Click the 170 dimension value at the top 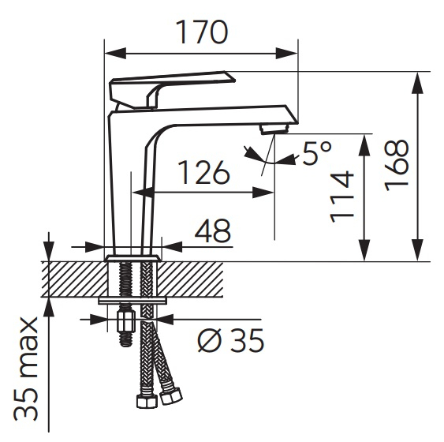click(x=202, y=32)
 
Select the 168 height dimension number click(x=397, y=166)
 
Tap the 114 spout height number click(x=342, y=197)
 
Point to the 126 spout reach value click(x=204, y=173)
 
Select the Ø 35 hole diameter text click(x=230, y=340)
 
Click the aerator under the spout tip click(x=274, y=130)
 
